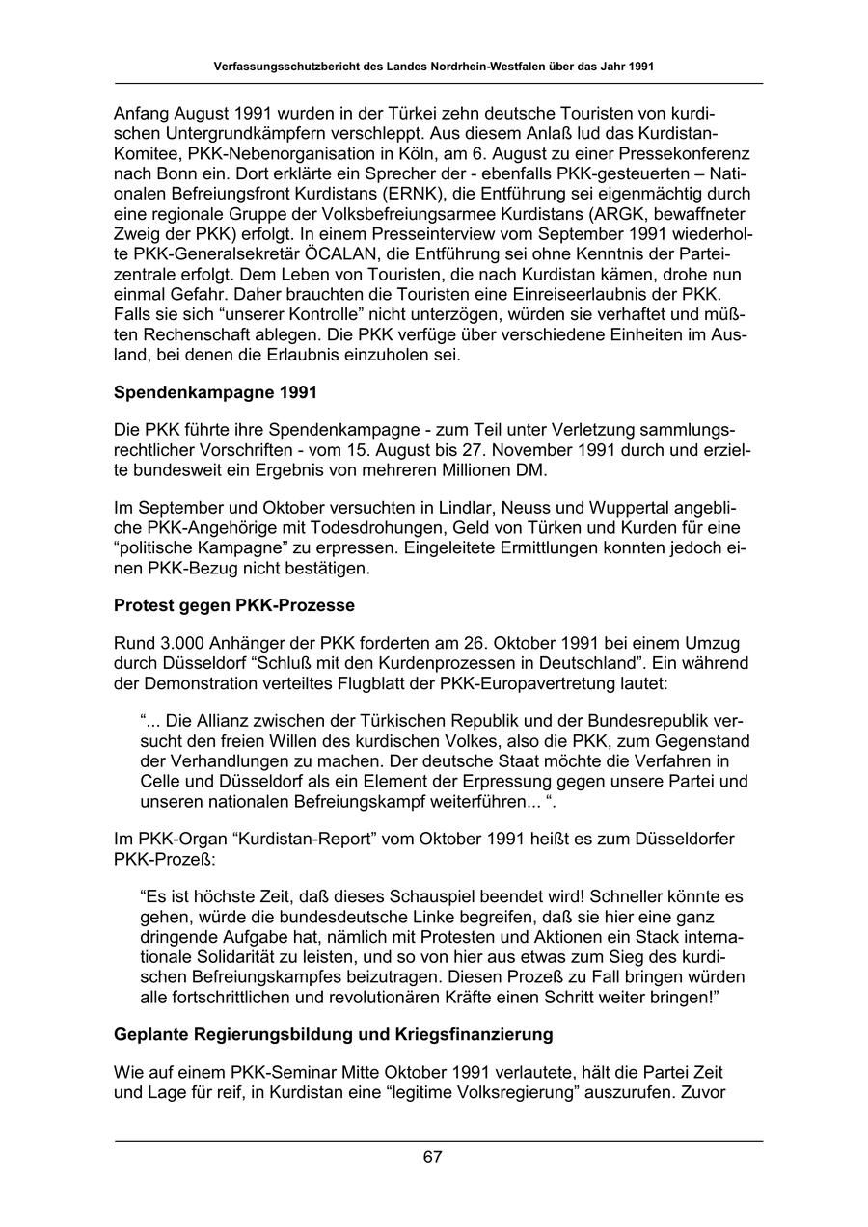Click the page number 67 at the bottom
[432, 1158]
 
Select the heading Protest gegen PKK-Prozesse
[234, 605]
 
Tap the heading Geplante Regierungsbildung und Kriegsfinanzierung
[334, 1034]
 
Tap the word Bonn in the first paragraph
[171, 173]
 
